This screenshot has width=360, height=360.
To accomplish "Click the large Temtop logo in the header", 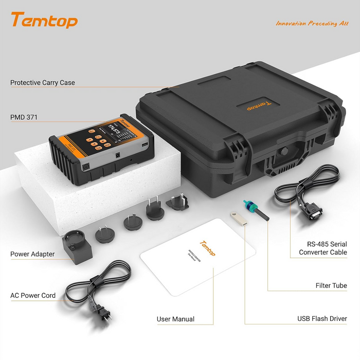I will click(x=44, y=21).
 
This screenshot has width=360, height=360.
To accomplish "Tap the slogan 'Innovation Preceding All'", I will click(x=312, y=24).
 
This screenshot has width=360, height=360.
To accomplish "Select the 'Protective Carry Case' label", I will click(x=43, y=83).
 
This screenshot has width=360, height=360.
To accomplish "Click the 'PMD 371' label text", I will click(x=24, y=117).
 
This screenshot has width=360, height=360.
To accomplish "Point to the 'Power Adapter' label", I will click(x=32, y=254).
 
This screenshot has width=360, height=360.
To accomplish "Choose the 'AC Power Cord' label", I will click(x=33, y=296).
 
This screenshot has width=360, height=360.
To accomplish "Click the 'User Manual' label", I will click(x=175, y=319).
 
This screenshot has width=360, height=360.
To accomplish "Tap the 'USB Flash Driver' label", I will click(x=322, y=319).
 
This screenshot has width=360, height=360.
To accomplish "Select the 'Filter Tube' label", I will click(x=331, y=285).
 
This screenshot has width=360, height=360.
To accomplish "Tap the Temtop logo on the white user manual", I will click(x=207, y=247).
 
